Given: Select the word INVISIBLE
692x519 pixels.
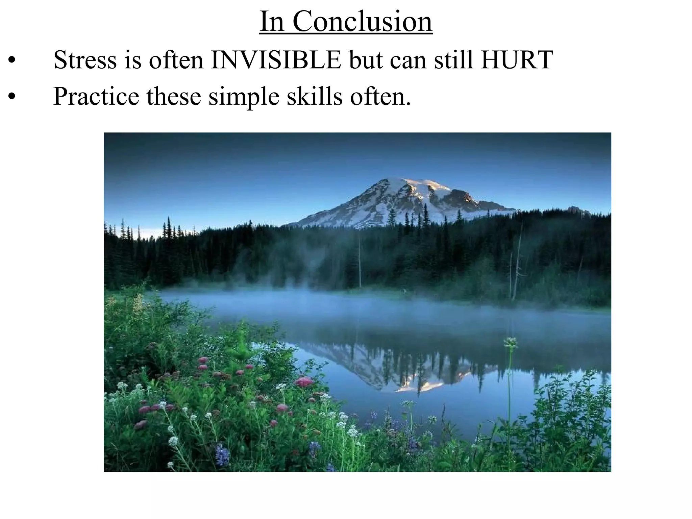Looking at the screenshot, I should [x=276, y=60].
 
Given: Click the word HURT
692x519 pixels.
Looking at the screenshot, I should [x=517, y=60].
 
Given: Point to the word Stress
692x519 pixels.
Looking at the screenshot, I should [x=85, y=60].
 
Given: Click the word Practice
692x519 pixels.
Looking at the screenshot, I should [x=96, y=97].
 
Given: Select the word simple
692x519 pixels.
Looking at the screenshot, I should [x=244, y=97].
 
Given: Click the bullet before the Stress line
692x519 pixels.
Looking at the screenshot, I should [x=12, y=61].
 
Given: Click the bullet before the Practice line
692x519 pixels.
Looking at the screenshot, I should [x=12, y=98].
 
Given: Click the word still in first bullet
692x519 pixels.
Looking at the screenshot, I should [x=454, y=60].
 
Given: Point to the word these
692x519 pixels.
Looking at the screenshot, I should [x=174, y=97].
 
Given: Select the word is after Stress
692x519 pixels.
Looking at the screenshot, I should [x=133, y=60].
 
